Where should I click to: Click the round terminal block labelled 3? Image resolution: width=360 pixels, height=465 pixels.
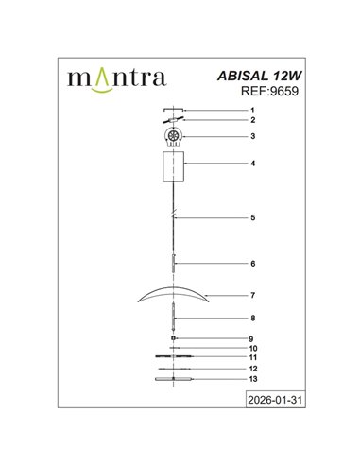172,138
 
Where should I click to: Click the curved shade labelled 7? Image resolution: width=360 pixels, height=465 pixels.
173,296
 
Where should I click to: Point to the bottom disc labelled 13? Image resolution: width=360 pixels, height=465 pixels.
172,379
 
